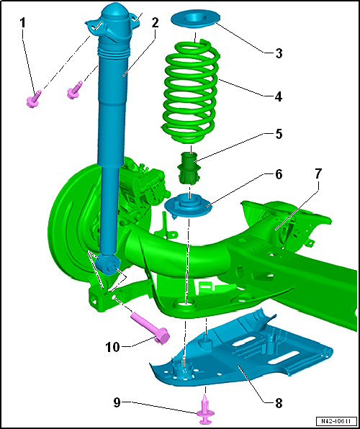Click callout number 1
(x=24, y=24)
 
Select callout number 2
(x=155, y=24)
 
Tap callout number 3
(x=279, y=53)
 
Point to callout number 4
(x=279, y=97)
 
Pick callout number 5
(x=279, y=135)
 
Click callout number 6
(x=279, y=176)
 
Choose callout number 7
(x=319, y=173)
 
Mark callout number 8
(x=279, y=404)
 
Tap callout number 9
(x=117, y=403)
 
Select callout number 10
(x=113, y=347)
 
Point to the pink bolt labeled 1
(x=33, y=99)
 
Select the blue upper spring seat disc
(x=196, y=20)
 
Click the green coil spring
(x=191, y=91)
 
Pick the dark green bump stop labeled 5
(x=188, y=168)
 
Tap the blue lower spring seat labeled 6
(x=189, y=205)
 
